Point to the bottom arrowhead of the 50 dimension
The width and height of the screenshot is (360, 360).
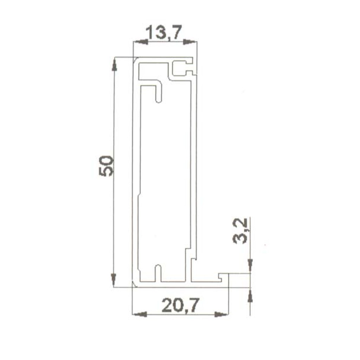[114, 279]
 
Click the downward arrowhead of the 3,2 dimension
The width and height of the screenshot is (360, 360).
[250, 263]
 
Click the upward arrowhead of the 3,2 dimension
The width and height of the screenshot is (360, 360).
[250, 296]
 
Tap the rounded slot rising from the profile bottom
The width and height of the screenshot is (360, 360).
[158, 272]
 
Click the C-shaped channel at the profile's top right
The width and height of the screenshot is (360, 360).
[183, 69]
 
